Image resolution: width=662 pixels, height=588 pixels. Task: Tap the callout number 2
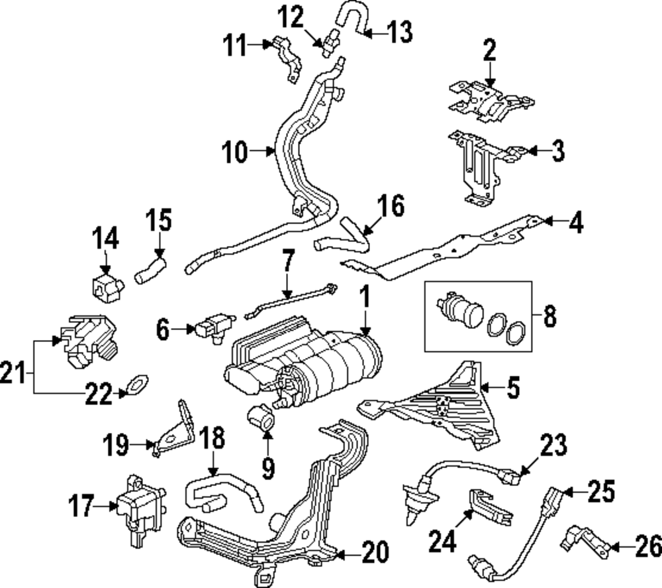(x=489, y=51)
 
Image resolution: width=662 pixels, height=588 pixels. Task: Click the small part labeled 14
(x=105, y=285)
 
